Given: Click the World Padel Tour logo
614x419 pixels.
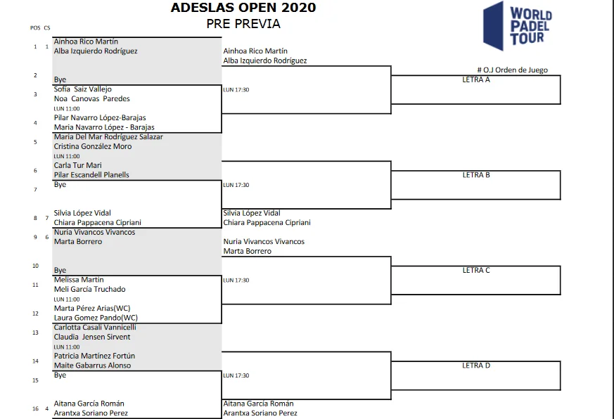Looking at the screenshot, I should click(519, 26).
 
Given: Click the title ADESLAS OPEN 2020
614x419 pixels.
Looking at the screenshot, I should click(243, 8).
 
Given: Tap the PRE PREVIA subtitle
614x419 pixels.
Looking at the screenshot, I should click(243, 24).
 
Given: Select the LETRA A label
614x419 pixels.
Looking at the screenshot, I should click(476, 79).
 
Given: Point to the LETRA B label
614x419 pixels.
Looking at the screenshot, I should click(476, 175).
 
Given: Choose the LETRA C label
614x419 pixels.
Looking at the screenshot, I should click(476, 270).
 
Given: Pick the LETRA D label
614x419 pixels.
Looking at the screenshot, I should click(476, 366).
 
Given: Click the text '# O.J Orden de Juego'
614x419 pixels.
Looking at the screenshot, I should click(512, 70).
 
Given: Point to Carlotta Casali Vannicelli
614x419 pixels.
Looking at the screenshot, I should click(95, 328).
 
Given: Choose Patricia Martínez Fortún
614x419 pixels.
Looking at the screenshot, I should click(94, 356).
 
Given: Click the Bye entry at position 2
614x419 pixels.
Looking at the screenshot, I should click(60, 80).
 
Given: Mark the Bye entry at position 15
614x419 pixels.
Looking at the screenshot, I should click(60, 375).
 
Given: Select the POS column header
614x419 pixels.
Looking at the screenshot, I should click(35, 28).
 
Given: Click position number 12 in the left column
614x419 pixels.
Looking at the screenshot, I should click(35, 314).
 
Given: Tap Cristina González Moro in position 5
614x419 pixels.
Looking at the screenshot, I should click(93, 147).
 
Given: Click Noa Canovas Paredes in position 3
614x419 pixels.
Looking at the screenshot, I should click(91, 99).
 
